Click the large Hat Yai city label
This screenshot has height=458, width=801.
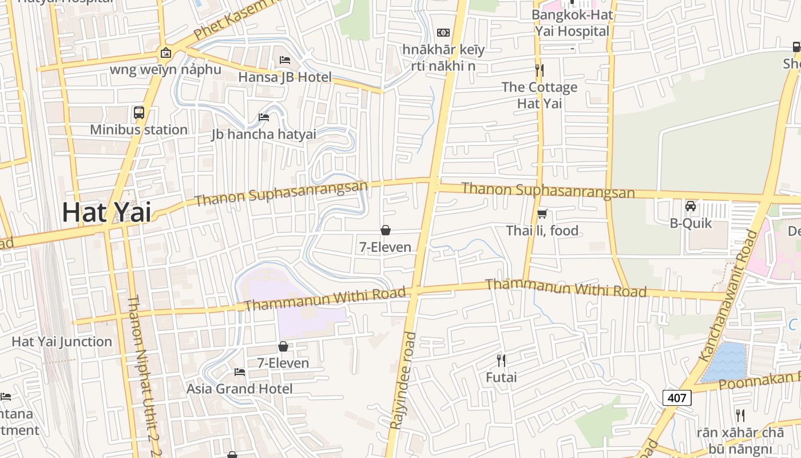click(106, 212)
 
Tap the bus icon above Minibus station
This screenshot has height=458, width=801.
click(139, 113)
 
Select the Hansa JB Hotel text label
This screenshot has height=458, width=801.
click(285, 77)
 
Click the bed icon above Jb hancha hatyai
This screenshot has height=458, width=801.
click(264, 117)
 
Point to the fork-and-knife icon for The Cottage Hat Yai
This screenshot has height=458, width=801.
click(539, 70)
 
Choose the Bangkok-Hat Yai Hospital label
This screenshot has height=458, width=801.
click(572, 23)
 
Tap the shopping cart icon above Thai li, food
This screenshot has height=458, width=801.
click(542, 214)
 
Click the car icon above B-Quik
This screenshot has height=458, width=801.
click(691, 206)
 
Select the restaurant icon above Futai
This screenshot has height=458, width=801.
click(501, 361)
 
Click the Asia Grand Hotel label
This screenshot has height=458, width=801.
click(239, 389)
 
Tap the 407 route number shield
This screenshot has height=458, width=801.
click(677, 397)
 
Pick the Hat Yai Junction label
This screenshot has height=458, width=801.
click(62, 342)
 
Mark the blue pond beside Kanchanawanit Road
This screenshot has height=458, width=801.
click(724, 362)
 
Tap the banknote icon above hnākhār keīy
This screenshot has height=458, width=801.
click(443, 33)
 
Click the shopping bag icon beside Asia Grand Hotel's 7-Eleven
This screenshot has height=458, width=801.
click(283, 346)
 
